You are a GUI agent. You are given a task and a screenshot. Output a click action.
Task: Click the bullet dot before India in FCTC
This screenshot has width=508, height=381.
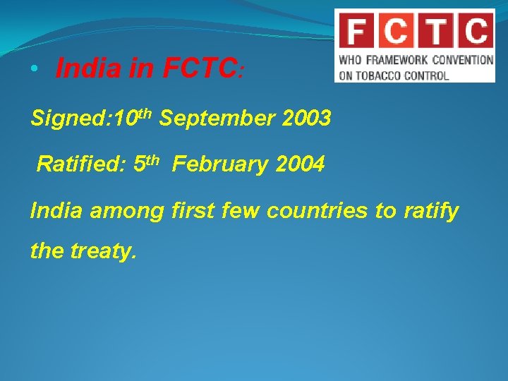coord(33,69)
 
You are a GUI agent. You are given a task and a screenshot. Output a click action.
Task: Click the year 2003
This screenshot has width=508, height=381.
coord(306,119)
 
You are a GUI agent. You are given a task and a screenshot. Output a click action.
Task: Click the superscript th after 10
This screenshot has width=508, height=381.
coord(145,112)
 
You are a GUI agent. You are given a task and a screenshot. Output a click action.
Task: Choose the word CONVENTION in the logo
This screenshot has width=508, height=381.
coord(462,60)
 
